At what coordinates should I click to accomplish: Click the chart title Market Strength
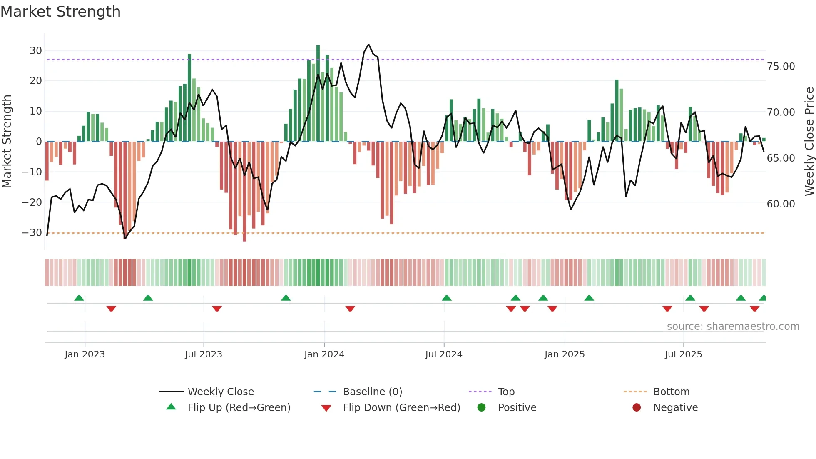pos(60,12)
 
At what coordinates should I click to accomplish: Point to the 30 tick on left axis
pos(36,51)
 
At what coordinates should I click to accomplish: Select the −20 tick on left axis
pos(32,202)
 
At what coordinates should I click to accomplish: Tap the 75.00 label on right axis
pos(781,67)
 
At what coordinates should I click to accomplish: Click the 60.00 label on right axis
pos(781,204)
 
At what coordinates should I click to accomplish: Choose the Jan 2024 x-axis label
pos(324,354)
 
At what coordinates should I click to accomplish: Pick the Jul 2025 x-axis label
pos(683,354)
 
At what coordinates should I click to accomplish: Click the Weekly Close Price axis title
pos(809,142)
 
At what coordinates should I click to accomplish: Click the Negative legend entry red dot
pos(637,408)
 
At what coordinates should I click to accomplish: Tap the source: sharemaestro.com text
pos(733,327)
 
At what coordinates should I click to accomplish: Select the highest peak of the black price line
pos(368,45)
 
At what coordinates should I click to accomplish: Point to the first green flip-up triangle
pos(79,298)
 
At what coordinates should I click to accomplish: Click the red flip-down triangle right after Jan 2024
pos(350,309)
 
